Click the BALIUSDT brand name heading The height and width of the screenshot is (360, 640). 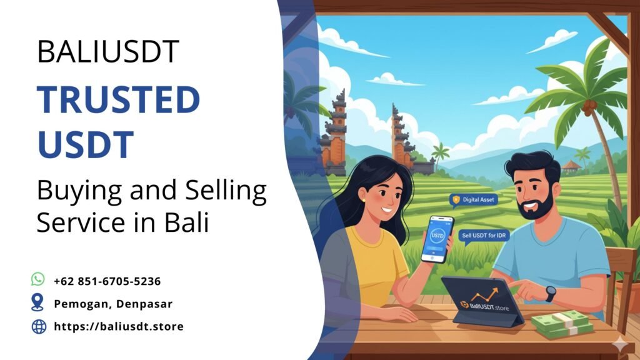point(108,51)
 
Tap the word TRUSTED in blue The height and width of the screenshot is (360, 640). point(118,101)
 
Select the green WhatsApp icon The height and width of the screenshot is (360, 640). point(38,279)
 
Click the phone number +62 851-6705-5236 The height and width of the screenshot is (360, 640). point(107,281)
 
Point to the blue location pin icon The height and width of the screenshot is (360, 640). point(38,303)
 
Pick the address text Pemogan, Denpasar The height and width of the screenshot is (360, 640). point(112,304)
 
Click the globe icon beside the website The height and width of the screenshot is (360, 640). point(39,326)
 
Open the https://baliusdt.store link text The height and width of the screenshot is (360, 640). point(119,326)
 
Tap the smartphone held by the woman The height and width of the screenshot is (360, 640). point(436,238)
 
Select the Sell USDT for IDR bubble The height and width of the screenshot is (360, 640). point(485,235)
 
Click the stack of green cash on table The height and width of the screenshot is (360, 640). point(562,324)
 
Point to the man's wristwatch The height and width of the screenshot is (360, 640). point(551,293)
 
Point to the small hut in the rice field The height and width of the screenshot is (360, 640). point(571,167)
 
